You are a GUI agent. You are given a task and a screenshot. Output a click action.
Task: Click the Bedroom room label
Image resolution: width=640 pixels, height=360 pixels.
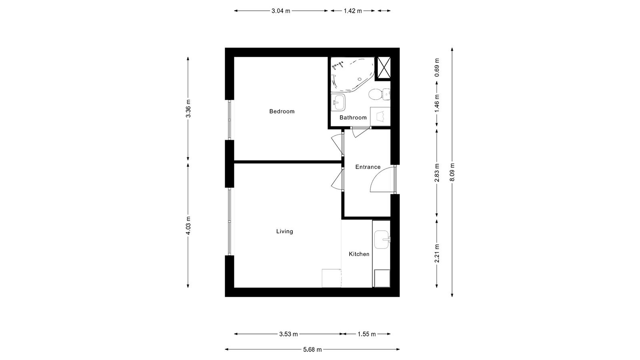[282, 112]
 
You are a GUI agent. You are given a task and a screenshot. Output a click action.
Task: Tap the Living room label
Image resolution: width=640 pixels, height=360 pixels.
[284, 232]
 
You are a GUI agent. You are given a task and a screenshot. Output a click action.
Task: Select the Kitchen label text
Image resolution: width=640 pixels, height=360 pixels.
[359, 254]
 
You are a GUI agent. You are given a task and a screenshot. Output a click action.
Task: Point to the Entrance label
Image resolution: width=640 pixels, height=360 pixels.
[368, 167]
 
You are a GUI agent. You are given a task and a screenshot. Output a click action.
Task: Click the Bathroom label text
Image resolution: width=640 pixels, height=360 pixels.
[353, 118]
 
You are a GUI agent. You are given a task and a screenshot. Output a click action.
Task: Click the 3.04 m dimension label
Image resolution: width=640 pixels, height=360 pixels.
[281, 11]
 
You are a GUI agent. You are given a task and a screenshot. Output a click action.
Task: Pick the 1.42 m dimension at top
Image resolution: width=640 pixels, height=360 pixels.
[353, 11]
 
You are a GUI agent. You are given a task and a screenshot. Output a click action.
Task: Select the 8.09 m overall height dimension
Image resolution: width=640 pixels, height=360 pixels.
[452, 172]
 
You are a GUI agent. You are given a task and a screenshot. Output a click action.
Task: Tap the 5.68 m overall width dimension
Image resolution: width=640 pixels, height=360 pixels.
[312, 350]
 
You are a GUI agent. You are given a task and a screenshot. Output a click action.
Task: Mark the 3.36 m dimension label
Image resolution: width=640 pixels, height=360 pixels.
[188, 108]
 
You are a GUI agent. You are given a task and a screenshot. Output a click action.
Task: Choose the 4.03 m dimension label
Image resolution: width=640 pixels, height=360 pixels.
[188, 226]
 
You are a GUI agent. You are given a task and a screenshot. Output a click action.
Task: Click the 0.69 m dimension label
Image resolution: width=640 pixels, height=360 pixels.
[437, 68]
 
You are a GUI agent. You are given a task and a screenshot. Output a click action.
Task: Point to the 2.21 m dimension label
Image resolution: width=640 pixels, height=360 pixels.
[437, 254]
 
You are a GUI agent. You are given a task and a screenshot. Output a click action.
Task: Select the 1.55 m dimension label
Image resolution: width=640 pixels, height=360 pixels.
[367, 334]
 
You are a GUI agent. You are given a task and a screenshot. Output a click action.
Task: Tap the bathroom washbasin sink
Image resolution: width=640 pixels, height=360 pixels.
[338, 102]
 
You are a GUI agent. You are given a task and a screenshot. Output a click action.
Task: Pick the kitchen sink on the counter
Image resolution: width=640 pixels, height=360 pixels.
[382, 240]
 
